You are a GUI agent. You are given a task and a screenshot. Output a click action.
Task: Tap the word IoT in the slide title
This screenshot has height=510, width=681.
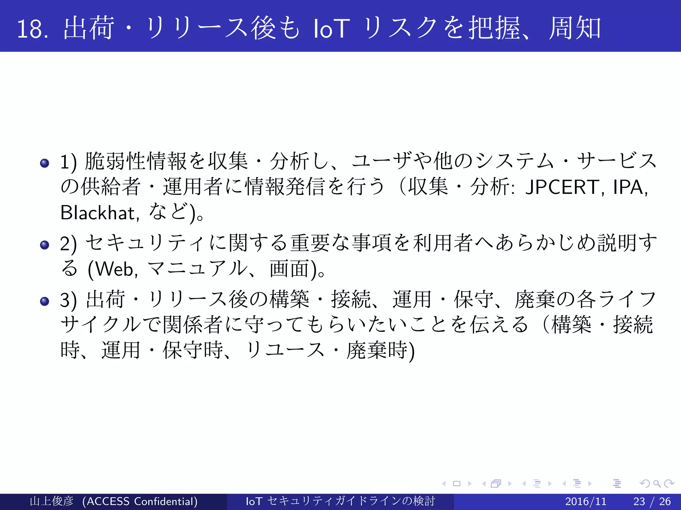coord(332,29)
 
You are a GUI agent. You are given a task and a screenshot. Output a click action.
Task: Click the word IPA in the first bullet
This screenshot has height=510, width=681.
coord(628,187)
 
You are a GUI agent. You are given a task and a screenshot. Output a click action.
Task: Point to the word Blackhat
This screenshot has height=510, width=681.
coord(98,213)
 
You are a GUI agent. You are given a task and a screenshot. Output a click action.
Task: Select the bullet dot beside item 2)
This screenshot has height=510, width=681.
coord(45,245)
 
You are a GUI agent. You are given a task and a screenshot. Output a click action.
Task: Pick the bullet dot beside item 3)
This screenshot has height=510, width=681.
coord(45,301)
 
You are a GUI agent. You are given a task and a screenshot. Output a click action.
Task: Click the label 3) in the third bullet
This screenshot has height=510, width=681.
coord(68,300)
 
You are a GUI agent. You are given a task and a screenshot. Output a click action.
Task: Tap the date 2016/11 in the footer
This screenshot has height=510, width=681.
coord(586,501)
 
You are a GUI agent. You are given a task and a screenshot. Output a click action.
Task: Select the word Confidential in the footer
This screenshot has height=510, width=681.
coord(166,501)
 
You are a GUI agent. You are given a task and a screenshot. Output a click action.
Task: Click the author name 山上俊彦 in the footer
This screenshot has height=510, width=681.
coord(52,501)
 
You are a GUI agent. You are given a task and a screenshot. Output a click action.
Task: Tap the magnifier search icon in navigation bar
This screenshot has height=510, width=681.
coord(657,483)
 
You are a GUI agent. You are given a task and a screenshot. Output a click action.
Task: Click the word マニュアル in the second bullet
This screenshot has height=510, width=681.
coord(198,269)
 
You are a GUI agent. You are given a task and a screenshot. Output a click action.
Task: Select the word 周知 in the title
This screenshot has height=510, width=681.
coord(575,29)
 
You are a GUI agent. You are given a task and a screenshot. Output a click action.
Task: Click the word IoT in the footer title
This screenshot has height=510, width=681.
coord(254,501)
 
